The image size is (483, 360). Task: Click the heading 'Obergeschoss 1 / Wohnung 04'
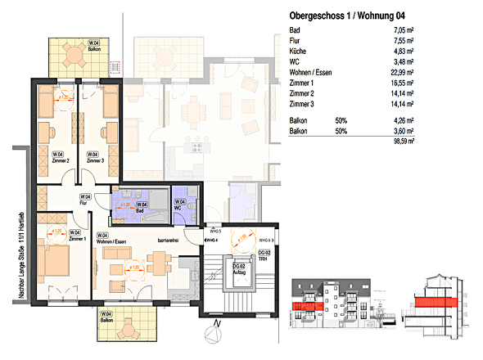[348, 15]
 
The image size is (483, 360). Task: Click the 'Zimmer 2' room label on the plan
[58, 160]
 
